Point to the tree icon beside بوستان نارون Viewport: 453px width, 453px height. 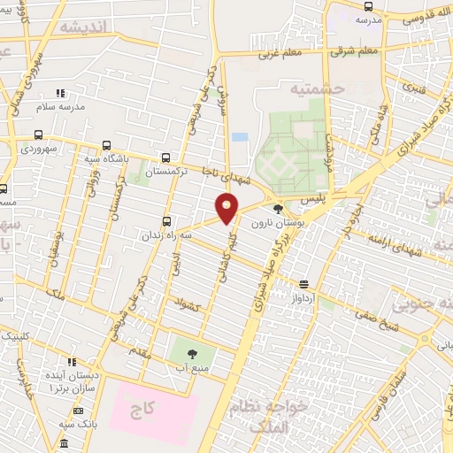pyautogui.click(x=280, y=210)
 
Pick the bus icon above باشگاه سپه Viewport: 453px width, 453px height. pyautogui.click(x=106, y=145)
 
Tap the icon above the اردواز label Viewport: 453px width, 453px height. pyautogui.click(x=304, y=285)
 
